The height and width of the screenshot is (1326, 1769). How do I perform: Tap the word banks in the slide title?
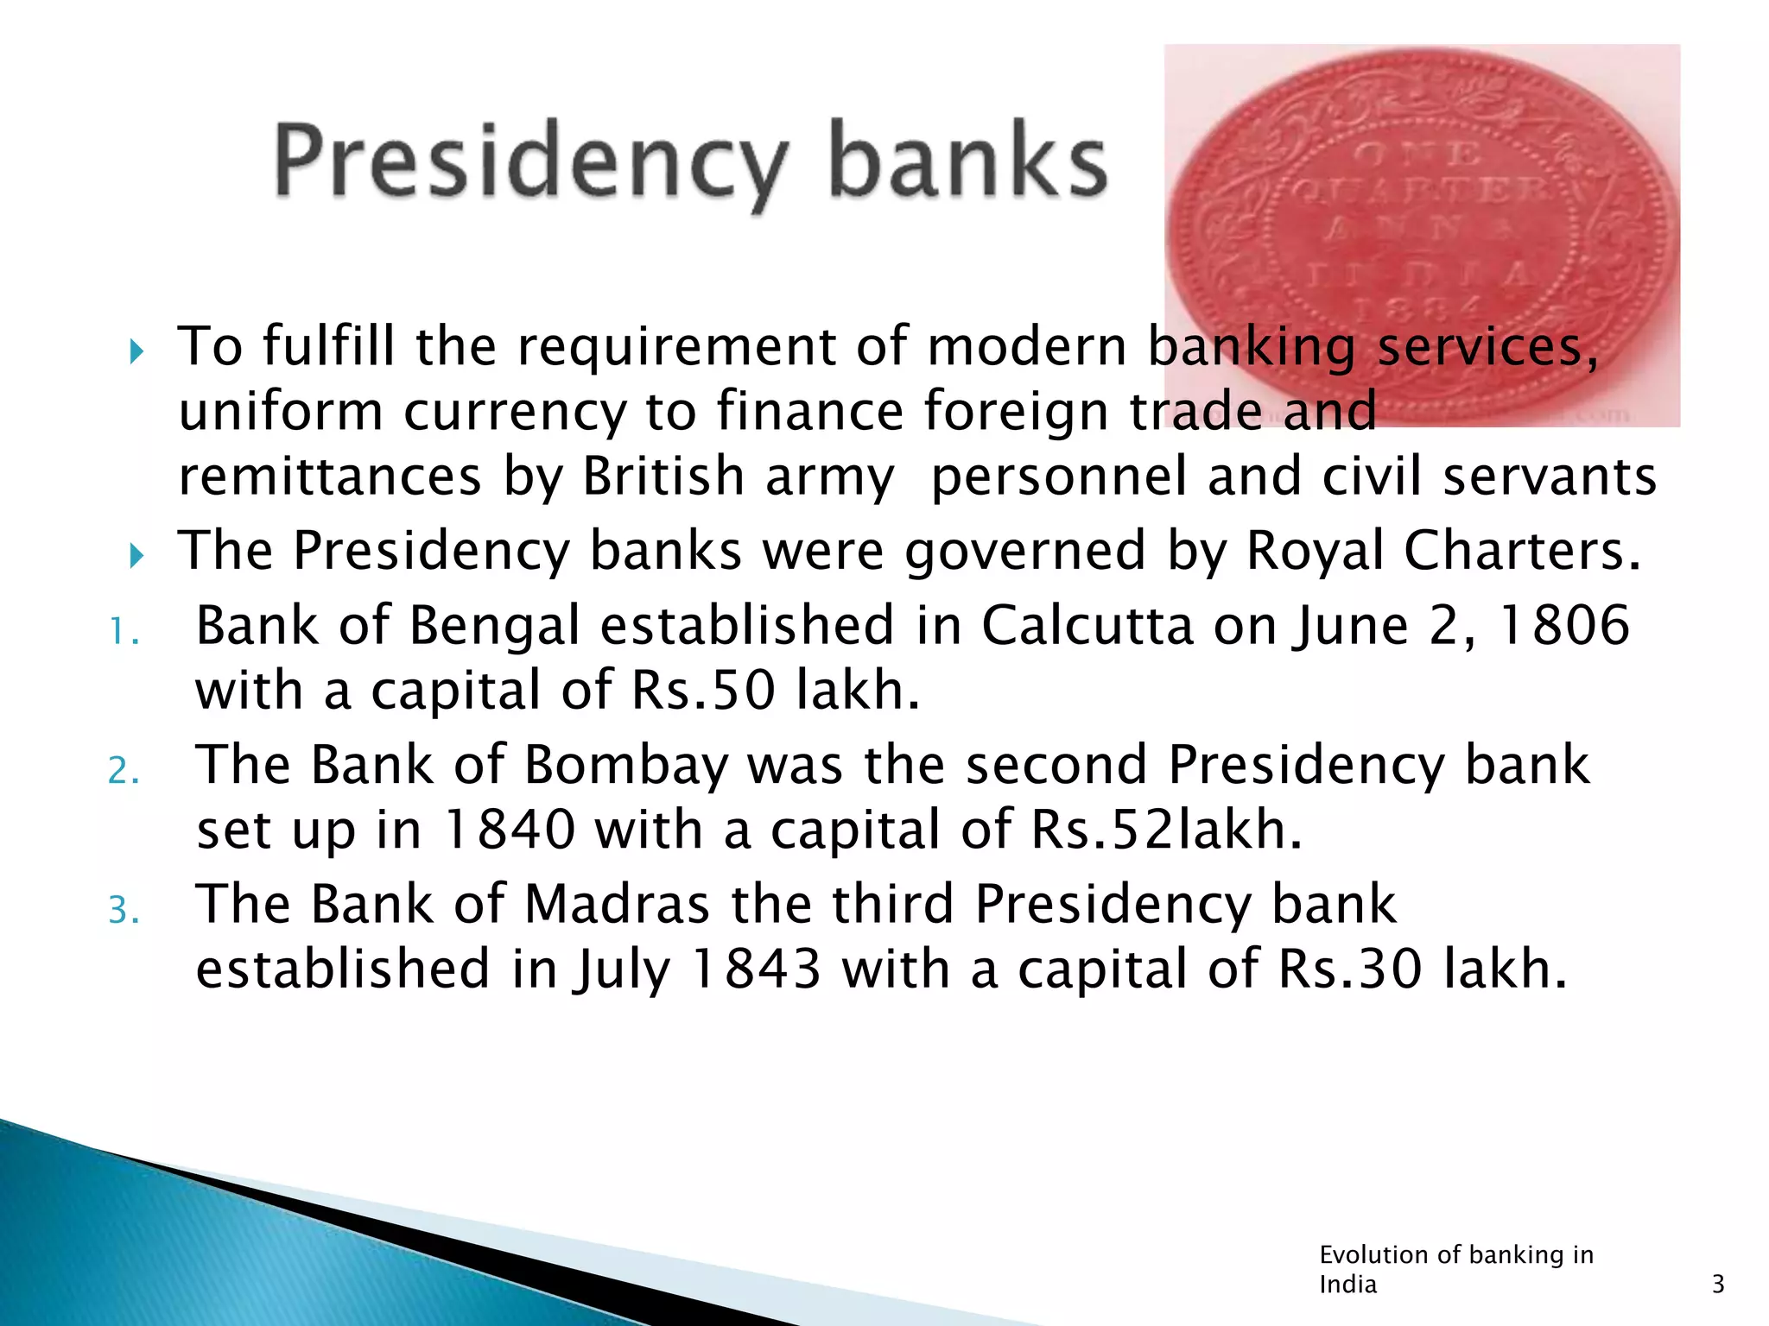(967, 161)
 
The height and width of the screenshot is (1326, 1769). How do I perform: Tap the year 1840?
(509, 830)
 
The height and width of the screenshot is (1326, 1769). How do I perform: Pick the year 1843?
(757, 969)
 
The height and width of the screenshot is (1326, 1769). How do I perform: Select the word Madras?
(617, 905)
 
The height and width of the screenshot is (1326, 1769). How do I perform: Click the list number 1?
(123, 632)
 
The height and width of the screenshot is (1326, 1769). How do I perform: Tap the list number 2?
(123, 771)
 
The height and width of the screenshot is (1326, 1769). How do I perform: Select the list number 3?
(123, 911)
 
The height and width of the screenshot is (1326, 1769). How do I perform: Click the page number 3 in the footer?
(1717, 1285)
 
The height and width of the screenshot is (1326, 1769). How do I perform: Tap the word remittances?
(329, 477)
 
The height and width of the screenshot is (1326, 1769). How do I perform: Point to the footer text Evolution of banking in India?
(1456, 1269)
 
